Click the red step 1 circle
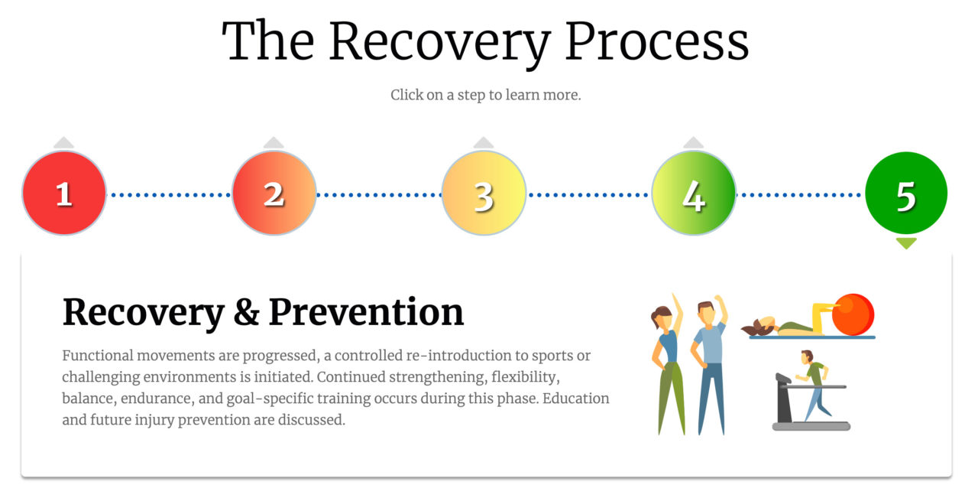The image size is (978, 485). (x=64, y=193)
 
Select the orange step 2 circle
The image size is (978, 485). (x=274, y=193)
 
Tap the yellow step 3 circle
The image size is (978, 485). (x=484, y=193)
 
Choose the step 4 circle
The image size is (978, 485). (x=693, y=193)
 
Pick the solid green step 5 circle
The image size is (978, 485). (x=906, y=193)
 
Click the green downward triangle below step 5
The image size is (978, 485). (x=906, y=243)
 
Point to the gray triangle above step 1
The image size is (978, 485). (x=64, y=143)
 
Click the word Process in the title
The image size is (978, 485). (x=657, y=42)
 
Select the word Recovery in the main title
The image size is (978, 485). (x=439, y=44)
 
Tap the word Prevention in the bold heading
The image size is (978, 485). (x=366, y=312)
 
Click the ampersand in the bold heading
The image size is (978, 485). (x=246, y=312)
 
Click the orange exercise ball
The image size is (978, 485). (x=853, y=314)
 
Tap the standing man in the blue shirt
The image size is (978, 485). (x=709, y=365)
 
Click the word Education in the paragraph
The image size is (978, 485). (x=576, y=399)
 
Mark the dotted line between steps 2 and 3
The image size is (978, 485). (x=378, y=195)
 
